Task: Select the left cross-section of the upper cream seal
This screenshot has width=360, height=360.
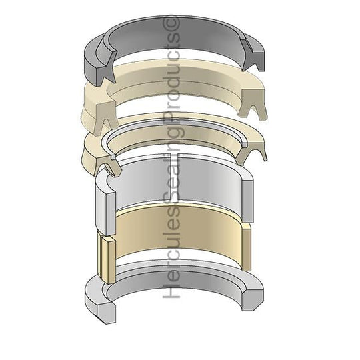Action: [x=106, y=117]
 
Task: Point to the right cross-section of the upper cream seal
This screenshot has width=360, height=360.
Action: [x=253, y=103]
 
